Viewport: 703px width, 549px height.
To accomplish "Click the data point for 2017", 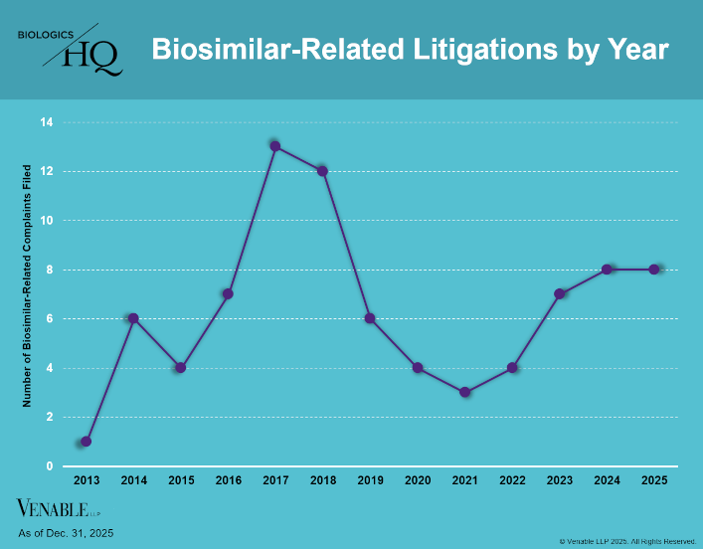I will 275,146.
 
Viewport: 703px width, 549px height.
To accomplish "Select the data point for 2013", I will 86,441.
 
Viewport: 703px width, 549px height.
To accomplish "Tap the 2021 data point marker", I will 464,392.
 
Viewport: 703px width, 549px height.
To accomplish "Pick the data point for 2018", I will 322,171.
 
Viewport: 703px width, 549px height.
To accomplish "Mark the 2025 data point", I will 654,269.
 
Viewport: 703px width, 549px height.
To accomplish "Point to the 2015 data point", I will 180,367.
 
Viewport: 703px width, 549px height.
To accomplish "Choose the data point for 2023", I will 560,293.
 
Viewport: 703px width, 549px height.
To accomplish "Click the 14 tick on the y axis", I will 46,122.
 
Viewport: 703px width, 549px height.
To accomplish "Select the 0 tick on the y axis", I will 49,465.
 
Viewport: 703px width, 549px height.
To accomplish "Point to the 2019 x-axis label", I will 370,481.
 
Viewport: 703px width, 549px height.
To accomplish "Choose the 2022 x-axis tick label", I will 512,481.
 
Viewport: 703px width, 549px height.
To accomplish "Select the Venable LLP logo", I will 60,509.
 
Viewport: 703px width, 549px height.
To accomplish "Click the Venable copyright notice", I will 627,541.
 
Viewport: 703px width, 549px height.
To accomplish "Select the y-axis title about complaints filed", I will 27,284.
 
